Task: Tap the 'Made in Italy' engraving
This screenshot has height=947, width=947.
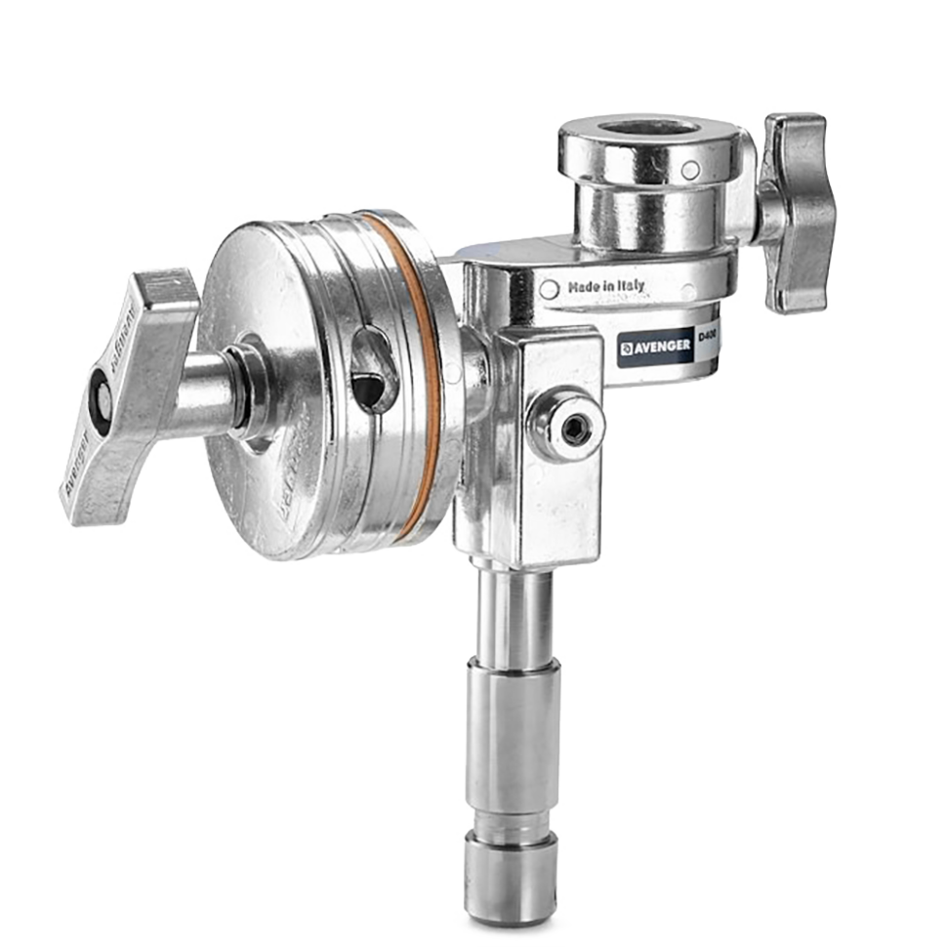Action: pos(605,288)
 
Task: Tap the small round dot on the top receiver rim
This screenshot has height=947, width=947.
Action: pos(690,170)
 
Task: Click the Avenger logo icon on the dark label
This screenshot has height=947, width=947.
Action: pos(627,347)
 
